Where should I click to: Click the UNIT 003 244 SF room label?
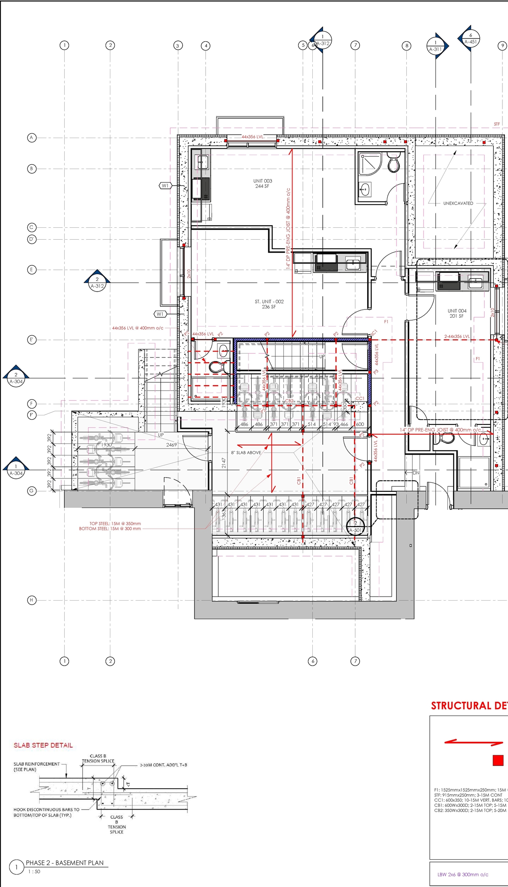click(x=263, y=183)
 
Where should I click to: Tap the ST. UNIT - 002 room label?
click(x=269, y=304)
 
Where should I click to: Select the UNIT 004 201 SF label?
click(x=457, y=313)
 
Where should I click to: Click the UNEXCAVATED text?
click(x=458, y=203)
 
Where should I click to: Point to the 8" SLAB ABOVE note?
click(x=246, y=452)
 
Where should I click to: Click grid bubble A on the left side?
click(x=32, y=138)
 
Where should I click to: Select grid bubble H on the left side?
click(x=32, y=600)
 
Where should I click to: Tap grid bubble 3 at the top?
click(x=178, y=46)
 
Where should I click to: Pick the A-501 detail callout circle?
click(x=356, y=527)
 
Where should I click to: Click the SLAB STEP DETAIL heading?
click(x=43, y=745)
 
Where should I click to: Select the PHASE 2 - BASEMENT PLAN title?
click(x=65, y=862)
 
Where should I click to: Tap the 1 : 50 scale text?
click(x=34, y=871)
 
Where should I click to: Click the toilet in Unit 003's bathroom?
click(x=393, y=164)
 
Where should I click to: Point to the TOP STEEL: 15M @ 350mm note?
click(x=115, y=523)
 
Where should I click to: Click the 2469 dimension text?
click(x=171, y=445)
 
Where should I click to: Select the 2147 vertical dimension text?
click(x=224, y=463)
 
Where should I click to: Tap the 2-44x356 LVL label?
click(x=457, y=336)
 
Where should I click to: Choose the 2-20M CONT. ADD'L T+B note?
click(x=163, y=764)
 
